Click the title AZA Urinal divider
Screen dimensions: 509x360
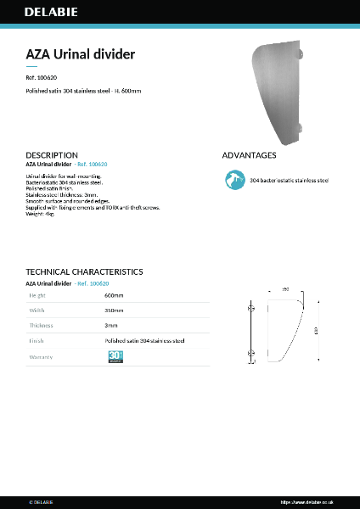point(80,54)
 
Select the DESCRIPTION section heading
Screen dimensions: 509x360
point(52,155)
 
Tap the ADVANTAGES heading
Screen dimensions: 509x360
point(249,155)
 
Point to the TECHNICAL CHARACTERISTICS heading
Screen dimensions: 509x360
point(84,271)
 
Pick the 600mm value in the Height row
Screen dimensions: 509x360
point(114,295)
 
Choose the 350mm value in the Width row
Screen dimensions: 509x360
point(114,310)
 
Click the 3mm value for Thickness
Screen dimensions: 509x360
point(110,325)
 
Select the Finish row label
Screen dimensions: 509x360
point(37,341)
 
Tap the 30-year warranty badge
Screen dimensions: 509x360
point(116,357)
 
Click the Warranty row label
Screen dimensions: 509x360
point(41,357)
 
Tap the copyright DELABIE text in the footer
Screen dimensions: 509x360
point(41,502)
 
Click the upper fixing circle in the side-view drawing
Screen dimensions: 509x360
point(250,309)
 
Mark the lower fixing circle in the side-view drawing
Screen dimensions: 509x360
point(250,352)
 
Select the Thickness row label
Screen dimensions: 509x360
point(41,325)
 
